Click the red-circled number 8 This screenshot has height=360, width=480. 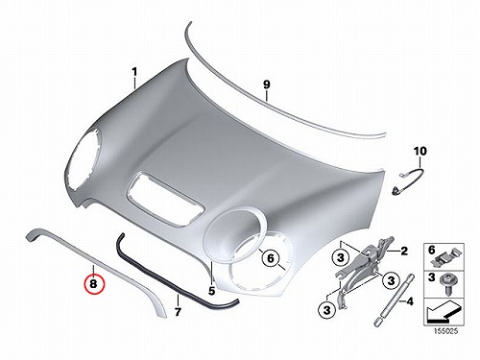click(x=94, y=284)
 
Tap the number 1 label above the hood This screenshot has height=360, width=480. click(x=134, y=72)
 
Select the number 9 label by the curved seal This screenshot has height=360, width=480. click(x=267, y=84)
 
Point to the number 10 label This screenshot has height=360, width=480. click(x=420, y=151)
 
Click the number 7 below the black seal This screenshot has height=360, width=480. click(x=178, y=311)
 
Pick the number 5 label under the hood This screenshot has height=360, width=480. click(x=211, y=291)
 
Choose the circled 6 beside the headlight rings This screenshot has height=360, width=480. click(x=271, y=258)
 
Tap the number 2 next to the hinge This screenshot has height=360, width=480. click(x=404, y=252)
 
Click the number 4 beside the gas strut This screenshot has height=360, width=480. click(x=410, y=301)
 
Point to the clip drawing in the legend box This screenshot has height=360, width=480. click(x=447, y=257)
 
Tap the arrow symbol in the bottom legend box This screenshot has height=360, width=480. click(x=444, y=312)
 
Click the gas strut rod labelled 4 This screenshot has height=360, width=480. click(x=394, y=300)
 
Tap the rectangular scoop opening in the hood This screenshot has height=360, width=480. click(x=165, y=199)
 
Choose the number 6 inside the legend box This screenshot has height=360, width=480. click(x=431, y=250)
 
